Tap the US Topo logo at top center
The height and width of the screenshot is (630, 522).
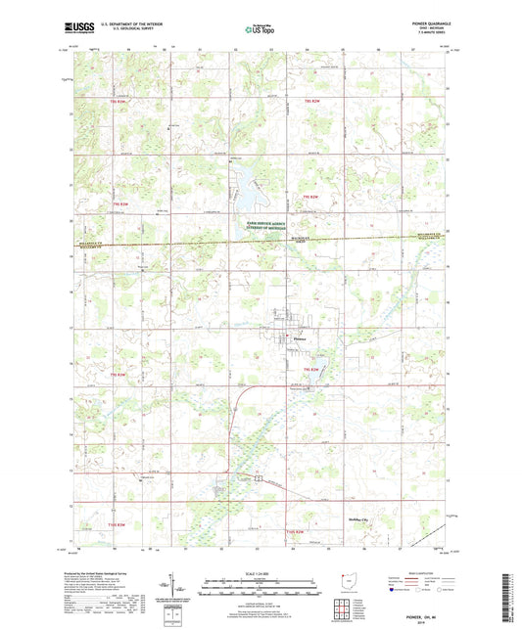coord(257,30)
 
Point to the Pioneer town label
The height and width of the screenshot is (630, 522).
coord(301,338)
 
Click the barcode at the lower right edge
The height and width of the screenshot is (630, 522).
coord(512,597)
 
